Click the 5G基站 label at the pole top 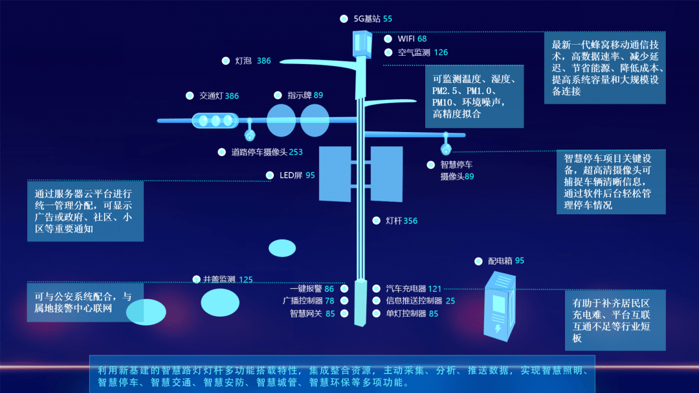coord(367,19)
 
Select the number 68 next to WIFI coord(422,39)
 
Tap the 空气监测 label coord(414,52)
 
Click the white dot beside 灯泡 coord(226,61)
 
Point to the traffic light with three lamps coord(216,120)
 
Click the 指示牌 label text coord(299,95)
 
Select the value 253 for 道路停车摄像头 coord(296,152)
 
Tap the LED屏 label coord(291,175)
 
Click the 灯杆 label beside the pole coord(394,221)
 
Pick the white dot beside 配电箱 coord(478,262)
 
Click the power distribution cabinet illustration coord(500,307)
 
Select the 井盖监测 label coord(219,279)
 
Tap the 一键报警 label coord(305,289)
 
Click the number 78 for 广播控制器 coord(329,301)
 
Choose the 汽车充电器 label coord(406,289)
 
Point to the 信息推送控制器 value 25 coord(450,301)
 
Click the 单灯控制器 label coord(406,313)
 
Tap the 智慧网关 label coord(305,313)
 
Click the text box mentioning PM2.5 coord(474,96)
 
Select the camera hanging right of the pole coord(446,144)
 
